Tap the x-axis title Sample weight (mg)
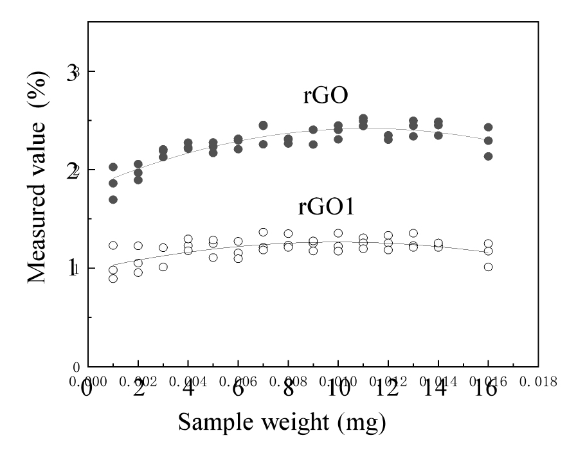coord(282,422)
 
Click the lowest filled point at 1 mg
coord(113,200)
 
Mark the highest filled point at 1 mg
coord(113,167)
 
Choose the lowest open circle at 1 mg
coord(113,278)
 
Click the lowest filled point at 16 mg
coord(489,156)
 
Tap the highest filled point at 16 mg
coord(489,127)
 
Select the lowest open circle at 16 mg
coord(489,267)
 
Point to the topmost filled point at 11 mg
coord(363,119)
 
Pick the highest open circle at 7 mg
coord(263,232)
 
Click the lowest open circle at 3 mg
coord(163,267)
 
